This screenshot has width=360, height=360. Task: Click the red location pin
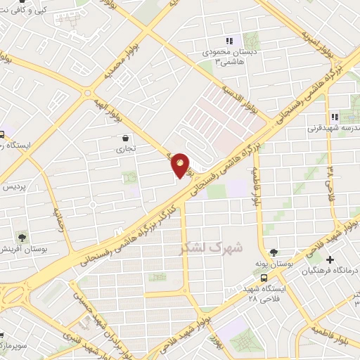[181, 166]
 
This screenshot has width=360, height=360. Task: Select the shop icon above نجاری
[124, 139]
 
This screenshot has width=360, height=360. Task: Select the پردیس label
[14, 188]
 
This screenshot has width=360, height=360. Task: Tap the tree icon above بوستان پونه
[274, 252]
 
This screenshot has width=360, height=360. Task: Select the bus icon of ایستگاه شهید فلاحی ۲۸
[263, 278]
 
